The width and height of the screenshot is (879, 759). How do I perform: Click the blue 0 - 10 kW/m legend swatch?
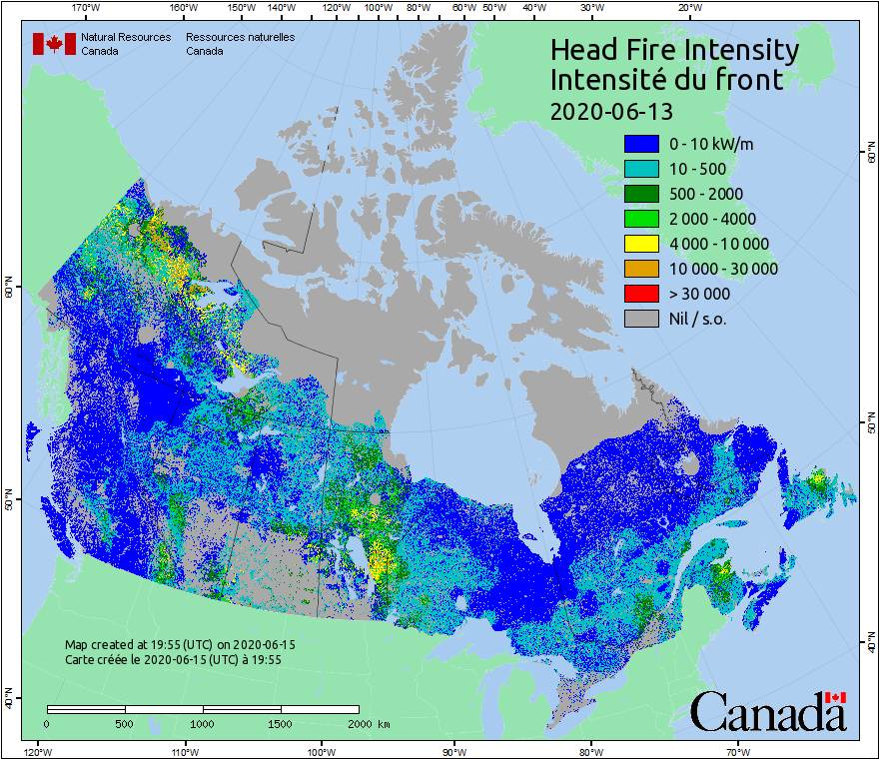(x=641, y=144)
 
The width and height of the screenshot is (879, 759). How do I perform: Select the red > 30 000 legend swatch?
(x=641, y=294)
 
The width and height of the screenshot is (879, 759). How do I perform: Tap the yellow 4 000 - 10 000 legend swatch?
(x=641, y=244)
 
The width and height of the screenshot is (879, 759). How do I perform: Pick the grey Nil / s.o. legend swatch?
(x=641, y=319)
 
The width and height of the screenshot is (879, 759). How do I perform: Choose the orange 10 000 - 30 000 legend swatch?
(x=641, y=269)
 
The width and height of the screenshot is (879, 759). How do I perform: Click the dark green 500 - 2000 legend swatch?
(x=641, y=194)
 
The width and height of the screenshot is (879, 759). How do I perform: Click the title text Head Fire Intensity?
(x=674, y=50)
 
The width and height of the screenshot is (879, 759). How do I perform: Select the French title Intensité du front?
(x=667, y=80)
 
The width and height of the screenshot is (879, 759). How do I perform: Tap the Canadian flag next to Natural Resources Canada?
(x=54, y=44)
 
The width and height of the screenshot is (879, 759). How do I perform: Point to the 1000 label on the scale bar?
(x=203, y=723)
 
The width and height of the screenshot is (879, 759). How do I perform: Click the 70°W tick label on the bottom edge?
(x=737, y=751)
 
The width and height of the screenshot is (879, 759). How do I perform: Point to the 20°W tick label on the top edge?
(x=687, y=8)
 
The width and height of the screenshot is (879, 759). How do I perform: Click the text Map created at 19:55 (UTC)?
(x=180, y=645)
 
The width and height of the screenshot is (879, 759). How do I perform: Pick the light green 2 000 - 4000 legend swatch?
(x=641, y=219)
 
